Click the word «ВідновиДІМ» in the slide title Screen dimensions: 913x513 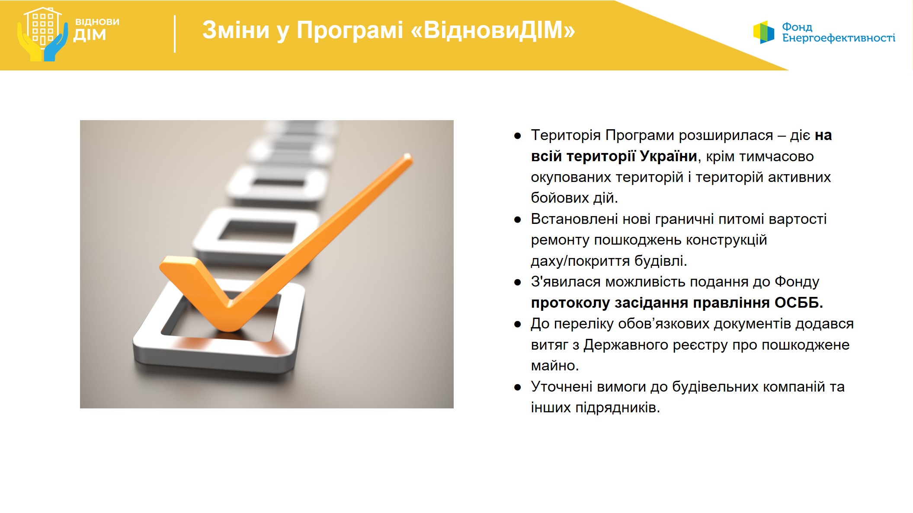pos(493,30)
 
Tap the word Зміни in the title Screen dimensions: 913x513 pos(236,30)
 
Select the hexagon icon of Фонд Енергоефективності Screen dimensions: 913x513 pos(764,32)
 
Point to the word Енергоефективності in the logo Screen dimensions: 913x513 pos(839,38)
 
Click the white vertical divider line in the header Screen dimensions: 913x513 pos(175,34)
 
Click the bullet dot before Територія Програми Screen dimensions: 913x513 pos(517,136)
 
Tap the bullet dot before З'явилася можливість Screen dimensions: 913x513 pos(517,283)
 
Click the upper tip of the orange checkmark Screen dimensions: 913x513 pos(407,156)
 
